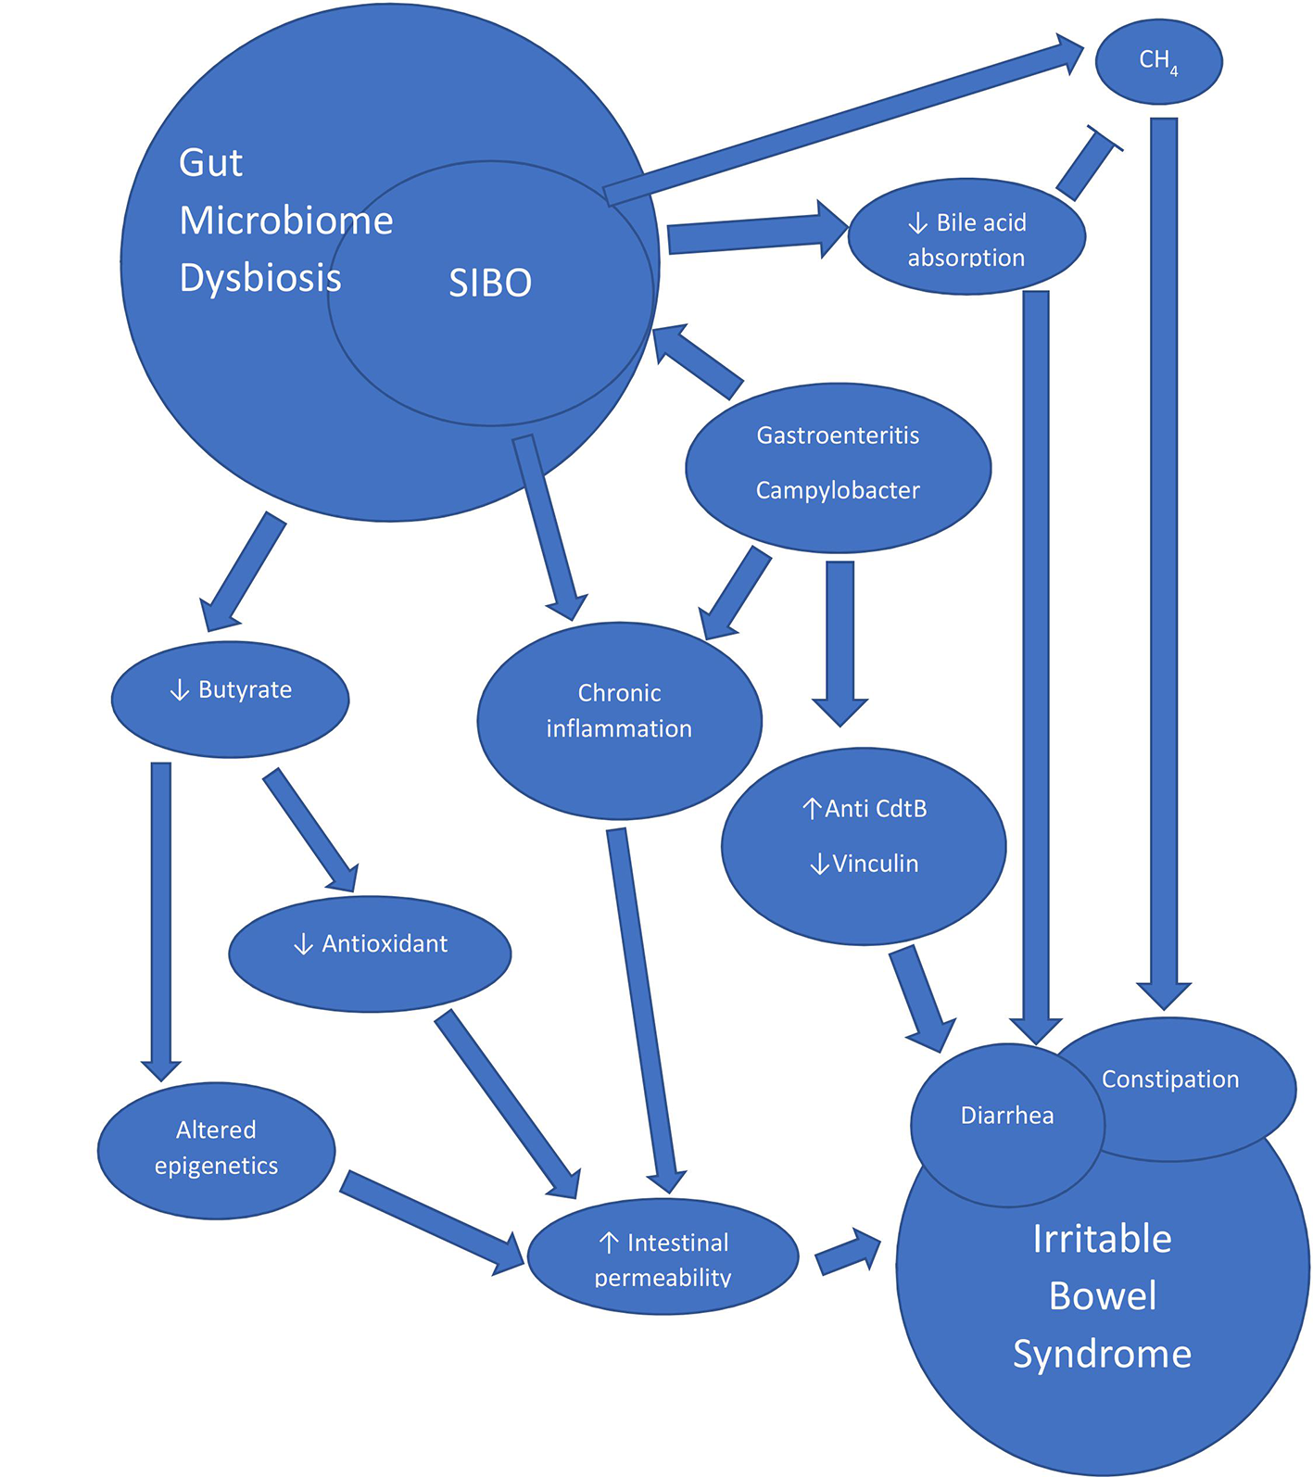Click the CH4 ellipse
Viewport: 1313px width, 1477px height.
tap(1158, 61)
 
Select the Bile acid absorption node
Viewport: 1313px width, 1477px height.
tap(966, 238)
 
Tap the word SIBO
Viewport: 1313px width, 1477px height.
tap(490, 283)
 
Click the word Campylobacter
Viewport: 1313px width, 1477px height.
tap(838, 490)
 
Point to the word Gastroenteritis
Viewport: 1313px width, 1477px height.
tap(838, 436)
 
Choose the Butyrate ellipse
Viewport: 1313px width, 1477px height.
tap(230, 699)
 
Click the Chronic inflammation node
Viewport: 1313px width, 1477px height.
tap(619, 720)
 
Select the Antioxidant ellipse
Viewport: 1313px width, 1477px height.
tap(370, 953)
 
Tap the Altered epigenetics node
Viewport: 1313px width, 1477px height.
tap(216, 1149)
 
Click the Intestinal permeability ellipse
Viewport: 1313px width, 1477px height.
tap(663, 1256)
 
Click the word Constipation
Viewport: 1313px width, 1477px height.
tap(1170, 1079)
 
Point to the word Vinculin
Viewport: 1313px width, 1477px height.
tap(875, 864)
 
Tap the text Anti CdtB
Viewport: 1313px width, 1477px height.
tap(876, 809)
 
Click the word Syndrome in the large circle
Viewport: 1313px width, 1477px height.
tap(1102, 1354)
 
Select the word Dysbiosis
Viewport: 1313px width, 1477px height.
tap(260, 278)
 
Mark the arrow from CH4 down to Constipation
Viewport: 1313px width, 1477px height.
tap(1164, 556)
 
